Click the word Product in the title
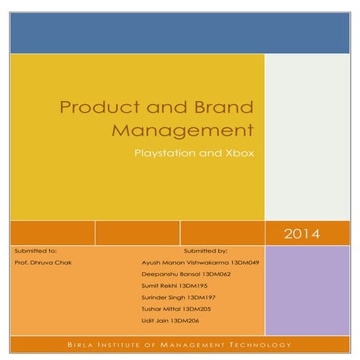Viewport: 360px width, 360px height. (89, 108)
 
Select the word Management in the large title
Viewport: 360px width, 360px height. (182, 132)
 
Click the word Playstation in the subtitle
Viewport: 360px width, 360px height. (166, 154)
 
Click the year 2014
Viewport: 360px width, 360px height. (301, 234)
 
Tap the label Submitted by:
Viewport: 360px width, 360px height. (206, 250)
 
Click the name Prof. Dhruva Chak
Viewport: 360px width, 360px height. (43, 262)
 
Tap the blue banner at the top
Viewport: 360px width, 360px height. (180, 33)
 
